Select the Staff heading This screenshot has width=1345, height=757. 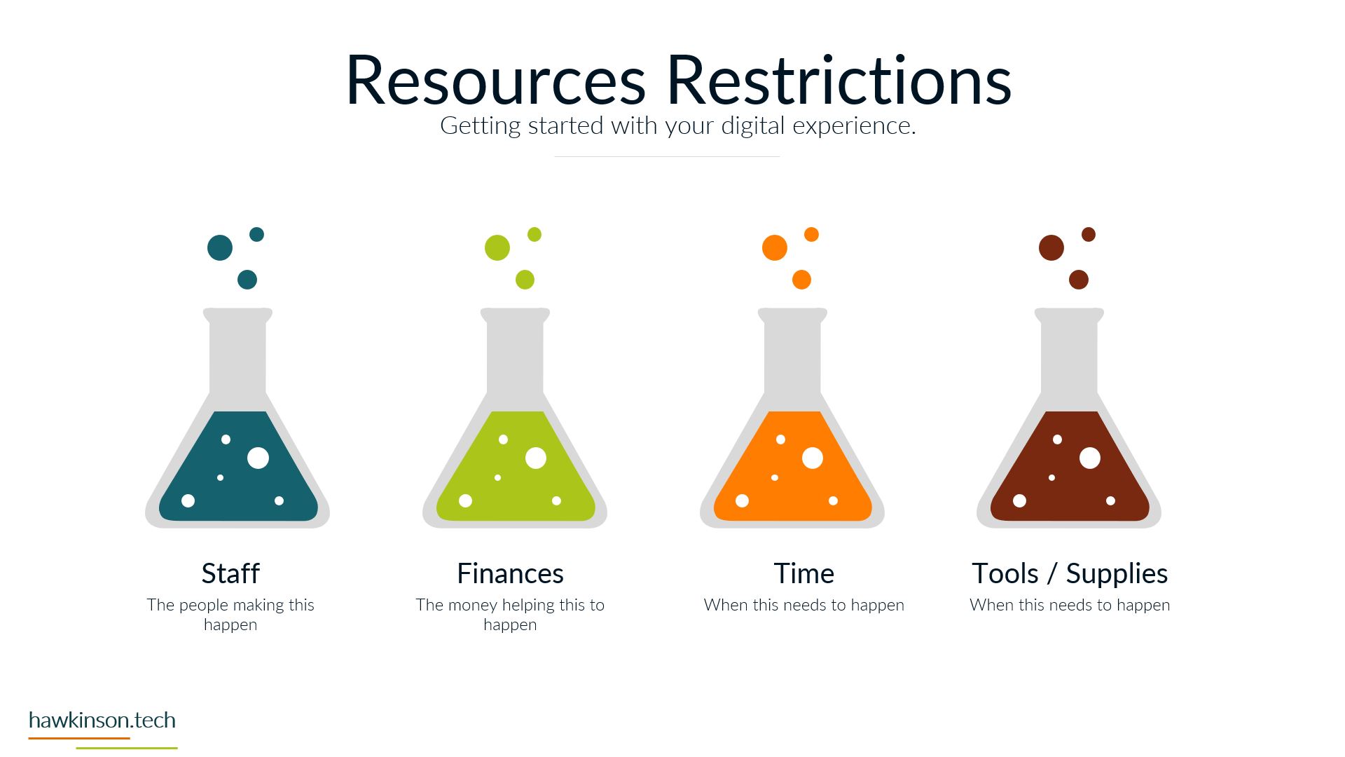click(230, 573)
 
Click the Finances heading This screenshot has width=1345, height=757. click(510, 573)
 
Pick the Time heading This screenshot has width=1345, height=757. click(804, 573)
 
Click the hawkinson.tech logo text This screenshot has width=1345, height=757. click(102, 720)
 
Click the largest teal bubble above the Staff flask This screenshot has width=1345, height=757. click(220, 247)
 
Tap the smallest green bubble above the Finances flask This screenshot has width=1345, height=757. click(534, 234)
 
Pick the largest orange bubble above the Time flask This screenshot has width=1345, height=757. click(775, 247)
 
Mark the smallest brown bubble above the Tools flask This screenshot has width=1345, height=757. click(1089, 234)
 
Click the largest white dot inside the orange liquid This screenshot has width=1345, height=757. click(813, 458)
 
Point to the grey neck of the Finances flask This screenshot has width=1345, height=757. click(515, 357)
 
